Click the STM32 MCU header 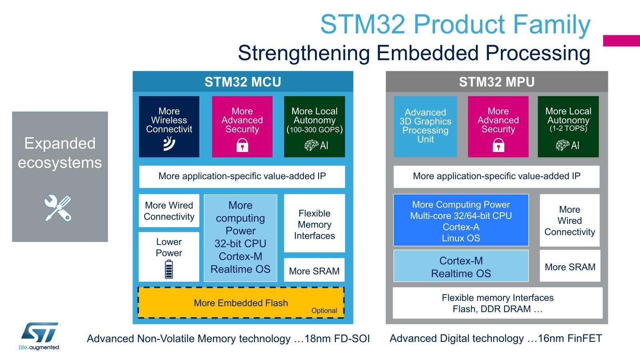coord(243,82)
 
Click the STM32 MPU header coord(497,82)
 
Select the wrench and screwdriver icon coord(58,208)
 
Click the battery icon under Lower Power coord(169,269)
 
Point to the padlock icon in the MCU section coord(242,145)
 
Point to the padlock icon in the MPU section coord(498,145)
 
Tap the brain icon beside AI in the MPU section coord(563,145)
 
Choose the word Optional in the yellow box coord(324,311)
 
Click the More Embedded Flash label coord(241,303)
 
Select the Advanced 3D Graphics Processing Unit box coord(425,126)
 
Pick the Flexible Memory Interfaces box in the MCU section coord(314,223)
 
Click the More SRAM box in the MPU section coord(570,266)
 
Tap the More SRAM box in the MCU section coord(314,270)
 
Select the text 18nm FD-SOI coord(337,338)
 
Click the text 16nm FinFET coord(570,338)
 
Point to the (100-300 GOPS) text coord(315,130)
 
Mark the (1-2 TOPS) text coord(568,128)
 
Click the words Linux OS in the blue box coord(461,238)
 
